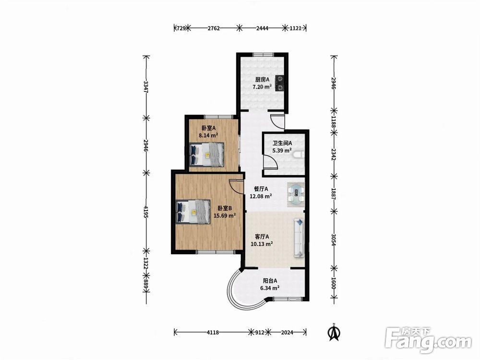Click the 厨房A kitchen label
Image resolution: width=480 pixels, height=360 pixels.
pos(263,80)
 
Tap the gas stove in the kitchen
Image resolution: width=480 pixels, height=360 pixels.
pos(280,83)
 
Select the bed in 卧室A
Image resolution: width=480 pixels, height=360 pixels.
pos(206,155)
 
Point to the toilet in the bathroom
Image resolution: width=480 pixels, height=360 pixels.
pos(299,155)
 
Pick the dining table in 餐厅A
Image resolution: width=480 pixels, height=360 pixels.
pos(296,193)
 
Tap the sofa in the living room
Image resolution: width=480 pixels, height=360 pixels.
pos(299,238)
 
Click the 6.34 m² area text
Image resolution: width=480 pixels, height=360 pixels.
pos(270,288)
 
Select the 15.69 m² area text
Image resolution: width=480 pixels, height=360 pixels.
pos(224,216)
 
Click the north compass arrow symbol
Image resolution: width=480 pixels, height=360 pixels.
pos(335,332)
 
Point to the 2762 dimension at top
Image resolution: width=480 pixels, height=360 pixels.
pos(214,28)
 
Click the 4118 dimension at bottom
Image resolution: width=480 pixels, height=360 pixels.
pos(213,332)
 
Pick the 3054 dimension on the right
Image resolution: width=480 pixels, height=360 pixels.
pos(334,240)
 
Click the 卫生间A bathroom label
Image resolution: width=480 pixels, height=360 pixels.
pos(282,143)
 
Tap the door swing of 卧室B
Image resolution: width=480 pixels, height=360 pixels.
pos(236,186)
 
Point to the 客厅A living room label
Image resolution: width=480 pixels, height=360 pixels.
pos(262,237)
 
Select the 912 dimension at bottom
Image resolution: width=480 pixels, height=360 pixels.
pos(260,332)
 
